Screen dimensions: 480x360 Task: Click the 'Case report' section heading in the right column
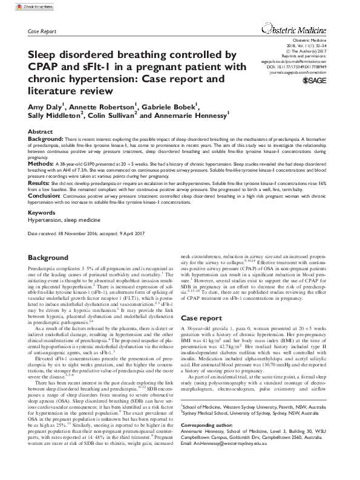(201, 317)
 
